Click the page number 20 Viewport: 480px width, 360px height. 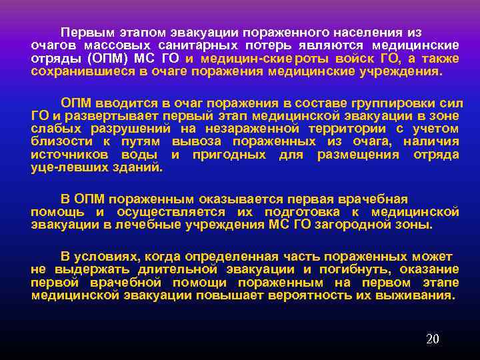click(432, 339)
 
